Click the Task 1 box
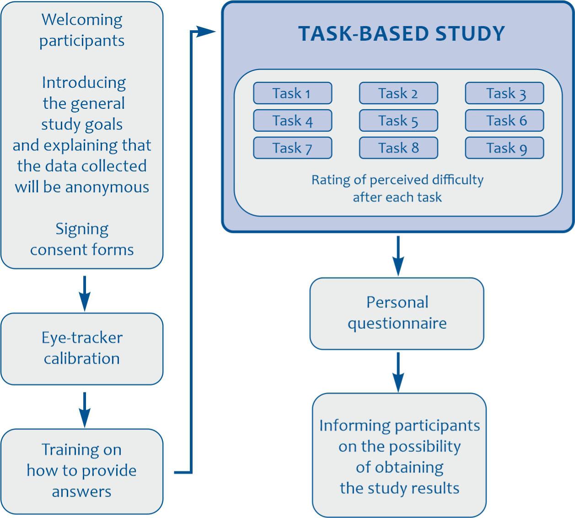click(x=292, y=93)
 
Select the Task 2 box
click(x=398, y=93)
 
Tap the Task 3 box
click(x=505, y=93)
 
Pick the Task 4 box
click(x=292, y=121)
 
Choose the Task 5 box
click(x=398, y=121)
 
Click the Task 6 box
click(x=505, y=121)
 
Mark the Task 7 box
click(x=292, y=148)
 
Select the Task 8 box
click(x=398, y=148)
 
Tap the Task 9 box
click(x=505, y=148)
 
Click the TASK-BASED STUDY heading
click(x=401, y=34)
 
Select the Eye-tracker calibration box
click(x=82, y=348)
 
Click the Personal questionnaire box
click(x=397, y=313)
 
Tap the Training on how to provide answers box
click(x=82, y=470)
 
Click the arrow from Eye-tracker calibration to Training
click(x=84, y=409)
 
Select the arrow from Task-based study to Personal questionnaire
click(x=398, y=256)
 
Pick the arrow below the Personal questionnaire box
click(x=398, y=372)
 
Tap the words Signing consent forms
click(x=82, y=239)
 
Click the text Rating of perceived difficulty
click(x=397, y=180)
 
